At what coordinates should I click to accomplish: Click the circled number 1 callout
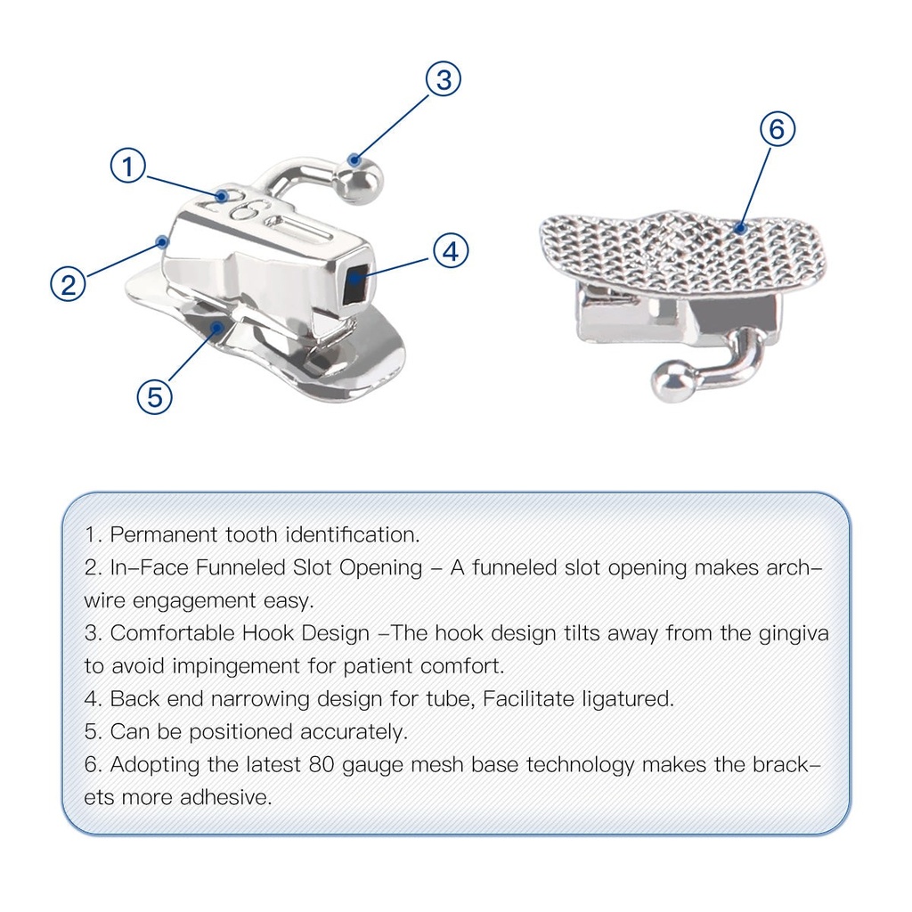[128, 167]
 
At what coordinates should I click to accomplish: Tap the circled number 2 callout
[69, 284]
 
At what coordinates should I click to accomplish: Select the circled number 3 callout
[444, 79]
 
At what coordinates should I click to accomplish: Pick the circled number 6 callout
[778, 128]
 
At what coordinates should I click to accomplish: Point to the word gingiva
[794, 633]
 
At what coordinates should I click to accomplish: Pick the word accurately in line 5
[354, 732]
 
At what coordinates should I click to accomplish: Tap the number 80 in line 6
[322, 765]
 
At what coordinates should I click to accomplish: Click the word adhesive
[225, 797]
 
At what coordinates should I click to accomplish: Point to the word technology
[581, 765]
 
